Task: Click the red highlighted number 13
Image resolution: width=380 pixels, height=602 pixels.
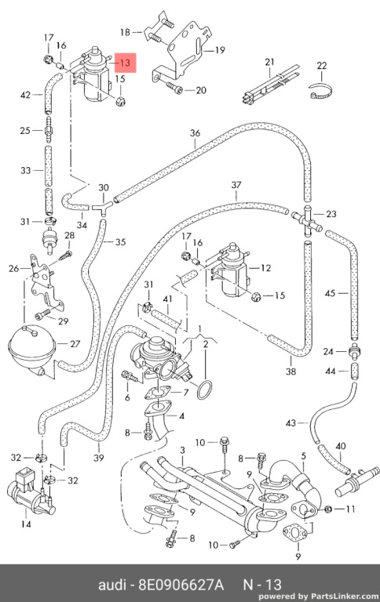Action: [126, 63]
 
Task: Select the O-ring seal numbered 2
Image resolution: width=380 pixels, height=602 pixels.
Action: [204, 390]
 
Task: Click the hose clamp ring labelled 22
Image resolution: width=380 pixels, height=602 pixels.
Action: [321, 92]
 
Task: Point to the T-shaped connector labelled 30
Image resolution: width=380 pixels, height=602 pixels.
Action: [102, 207]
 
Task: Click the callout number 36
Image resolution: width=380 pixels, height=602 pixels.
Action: [195, 133]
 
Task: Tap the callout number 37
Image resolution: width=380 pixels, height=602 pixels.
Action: [236, 185]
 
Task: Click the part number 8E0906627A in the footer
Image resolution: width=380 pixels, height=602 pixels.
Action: [181, 585]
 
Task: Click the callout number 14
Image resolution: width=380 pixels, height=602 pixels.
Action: [26, 524]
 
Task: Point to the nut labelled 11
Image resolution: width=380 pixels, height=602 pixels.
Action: [328, 510]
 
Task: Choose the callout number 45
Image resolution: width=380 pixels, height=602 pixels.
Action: [330, 293]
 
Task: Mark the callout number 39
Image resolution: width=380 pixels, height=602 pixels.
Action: [99, 458]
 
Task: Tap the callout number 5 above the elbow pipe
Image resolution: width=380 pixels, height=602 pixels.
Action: [304, 456]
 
